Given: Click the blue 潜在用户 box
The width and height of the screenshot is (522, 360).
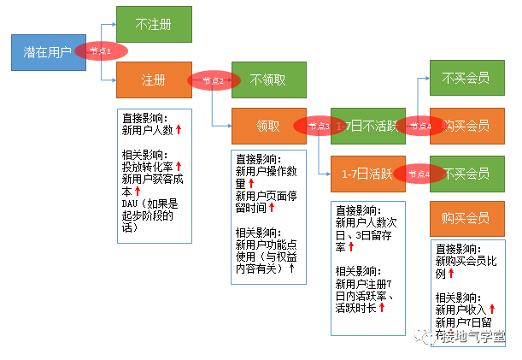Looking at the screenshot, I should click(47, 53).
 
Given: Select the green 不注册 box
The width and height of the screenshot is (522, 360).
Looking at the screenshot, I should click(154, 25).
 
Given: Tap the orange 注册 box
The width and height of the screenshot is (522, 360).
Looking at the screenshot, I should click(154, 80).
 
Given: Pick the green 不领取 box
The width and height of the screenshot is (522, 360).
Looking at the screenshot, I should click(269, 80).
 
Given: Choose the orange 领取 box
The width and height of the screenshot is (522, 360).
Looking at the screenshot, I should click(269, 126).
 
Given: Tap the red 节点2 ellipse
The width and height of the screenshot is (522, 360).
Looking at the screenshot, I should click(212, 80).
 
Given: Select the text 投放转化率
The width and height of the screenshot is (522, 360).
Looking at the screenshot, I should click(148, 167).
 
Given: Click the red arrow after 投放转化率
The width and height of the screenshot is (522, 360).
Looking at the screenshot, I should click(179, 166).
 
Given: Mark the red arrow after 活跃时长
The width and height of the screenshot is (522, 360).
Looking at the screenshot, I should click(383, 307).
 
